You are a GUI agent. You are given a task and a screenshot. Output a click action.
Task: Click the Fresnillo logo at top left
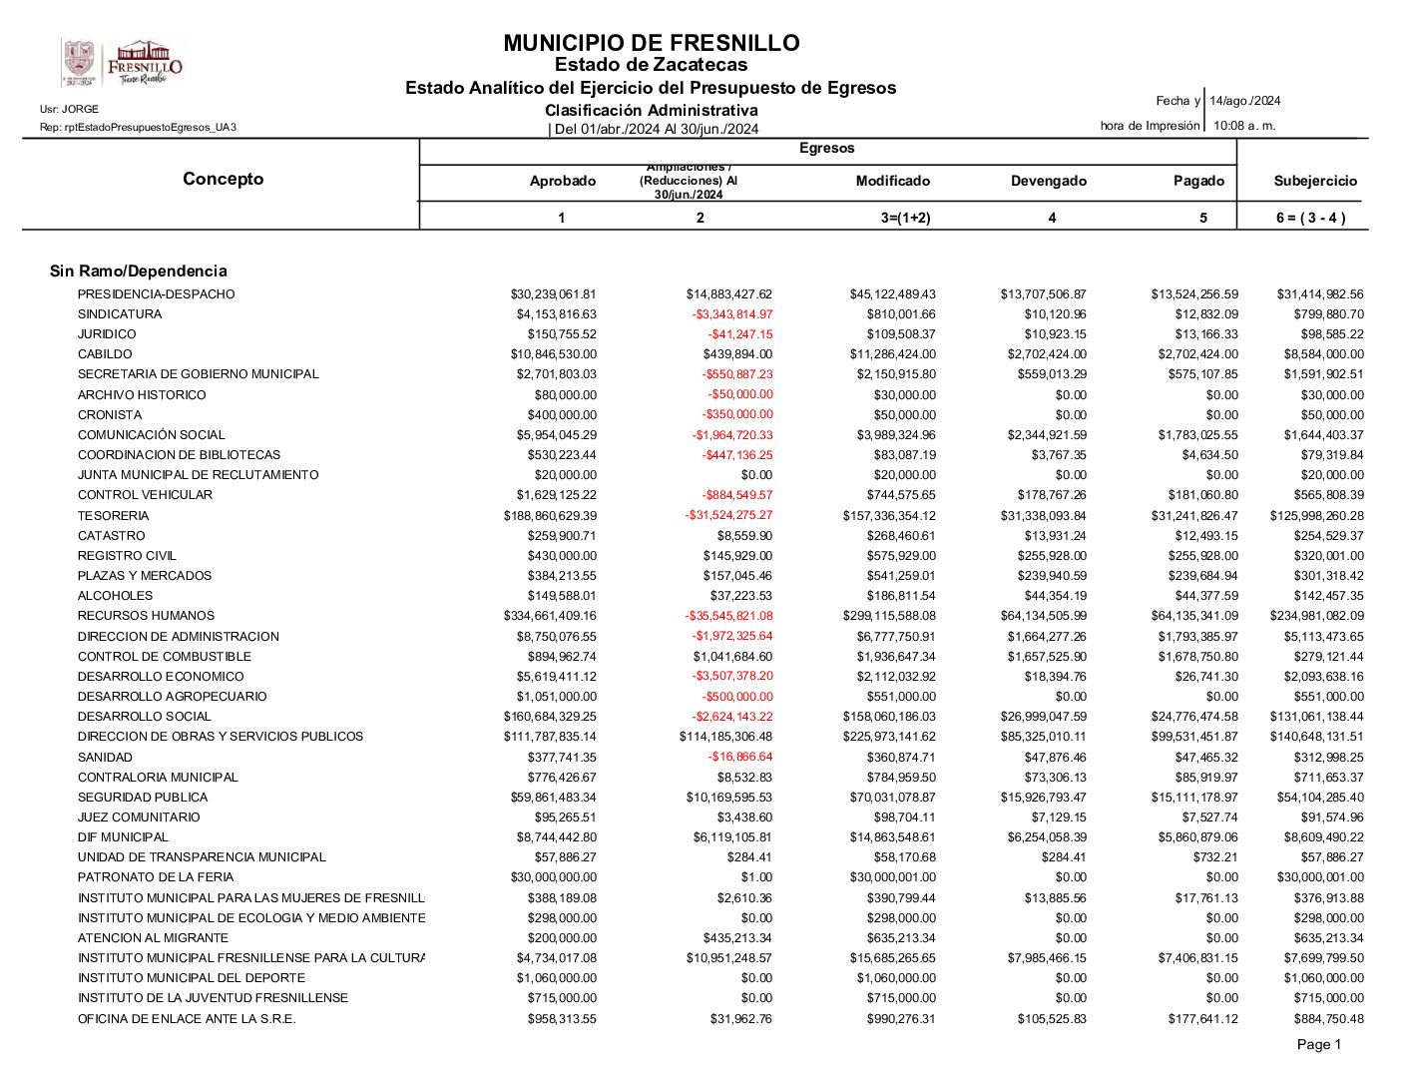[x=123, y=64]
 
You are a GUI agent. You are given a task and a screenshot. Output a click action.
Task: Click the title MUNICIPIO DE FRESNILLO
[x=651, y=43]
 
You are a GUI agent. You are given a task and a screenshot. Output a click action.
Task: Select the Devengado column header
[x=1048, y=181]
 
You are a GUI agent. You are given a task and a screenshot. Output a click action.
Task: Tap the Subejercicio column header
[x=1315, y=181]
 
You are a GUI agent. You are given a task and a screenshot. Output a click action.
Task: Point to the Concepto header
[x=223, y=179]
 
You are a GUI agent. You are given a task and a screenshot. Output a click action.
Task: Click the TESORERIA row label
[x=113, y=516]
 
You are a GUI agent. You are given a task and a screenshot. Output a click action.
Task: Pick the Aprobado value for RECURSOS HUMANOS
[x=550, y=616]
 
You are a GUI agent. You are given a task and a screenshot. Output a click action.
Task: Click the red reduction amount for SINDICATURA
[x=731, y=314]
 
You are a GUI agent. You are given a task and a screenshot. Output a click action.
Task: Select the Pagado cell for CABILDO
[x=1197, y=354]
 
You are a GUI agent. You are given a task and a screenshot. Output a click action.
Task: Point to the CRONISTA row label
[x=110, y=415]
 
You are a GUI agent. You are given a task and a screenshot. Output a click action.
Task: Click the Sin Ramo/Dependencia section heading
[x=139, y=271]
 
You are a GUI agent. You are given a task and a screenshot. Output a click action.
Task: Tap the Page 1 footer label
[x=1318, y=1044]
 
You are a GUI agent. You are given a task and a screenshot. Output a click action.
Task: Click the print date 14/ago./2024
[x=1244, y=101]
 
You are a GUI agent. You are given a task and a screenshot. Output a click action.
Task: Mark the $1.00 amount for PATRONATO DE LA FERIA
[x=755, y=877]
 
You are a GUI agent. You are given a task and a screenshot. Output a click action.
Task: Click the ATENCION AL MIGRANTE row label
[x=153, y=938]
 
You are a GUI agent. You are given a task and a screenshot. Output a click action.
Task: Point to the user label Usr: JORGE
[x=69, y=109]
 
